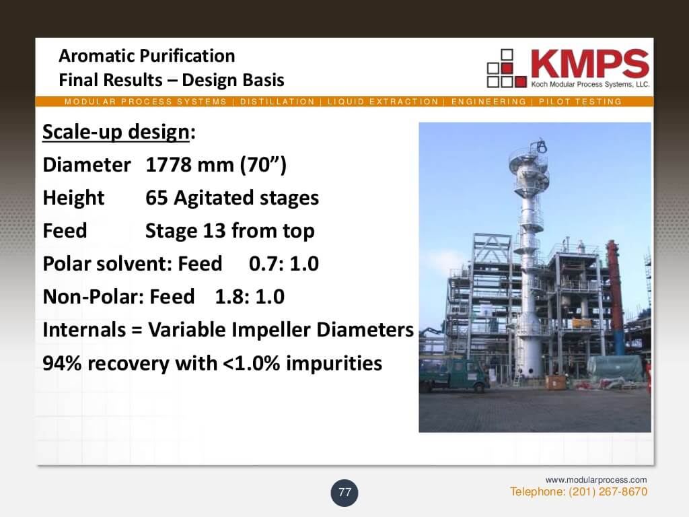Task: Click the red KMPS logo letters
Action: tap(589, 64)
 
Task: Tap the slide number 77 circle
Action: tap(344, 493)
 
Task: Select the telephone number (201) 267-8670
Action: tap(608, 491)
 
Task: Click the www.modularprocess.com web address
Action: tap(596, 479)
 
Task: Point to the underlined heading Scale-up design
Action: tap(116, 132)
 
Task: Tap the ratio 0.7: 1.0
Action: tap(283, 264)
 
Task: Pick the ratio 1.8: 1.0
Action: tap(250, 297)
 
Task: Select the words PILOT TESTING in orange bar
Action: tap(580, 102)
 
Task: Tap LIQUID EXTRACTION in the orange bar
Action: tap(383, 102)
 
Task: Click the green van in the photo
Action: tap(453, 375)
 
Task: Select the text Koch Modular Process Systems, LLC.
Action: tap(589, 84)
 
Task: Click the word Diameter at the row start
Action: tap(87, 165)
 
